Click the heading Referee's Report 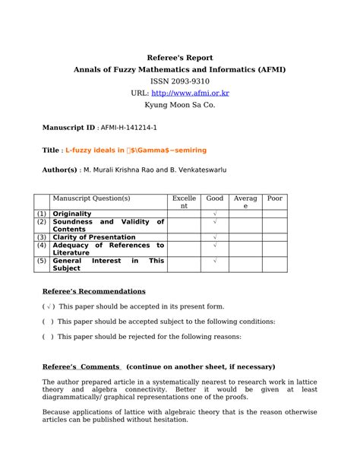[179, 58]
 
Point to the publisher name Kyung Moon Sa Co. [179, 104]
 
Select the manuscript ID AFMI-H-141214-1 [130, 128]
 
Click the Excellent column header [184, 202]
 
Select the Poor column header [274, 198]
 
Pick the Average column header [245, 202]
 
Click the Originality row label [72, 214]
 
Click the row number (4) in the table [41, 246]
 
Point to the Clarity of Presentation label [94, 237]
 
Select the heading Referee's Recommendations [93, 291]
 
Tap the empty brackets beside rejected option [47, 336]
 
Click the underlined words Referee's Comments [81, 366]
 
